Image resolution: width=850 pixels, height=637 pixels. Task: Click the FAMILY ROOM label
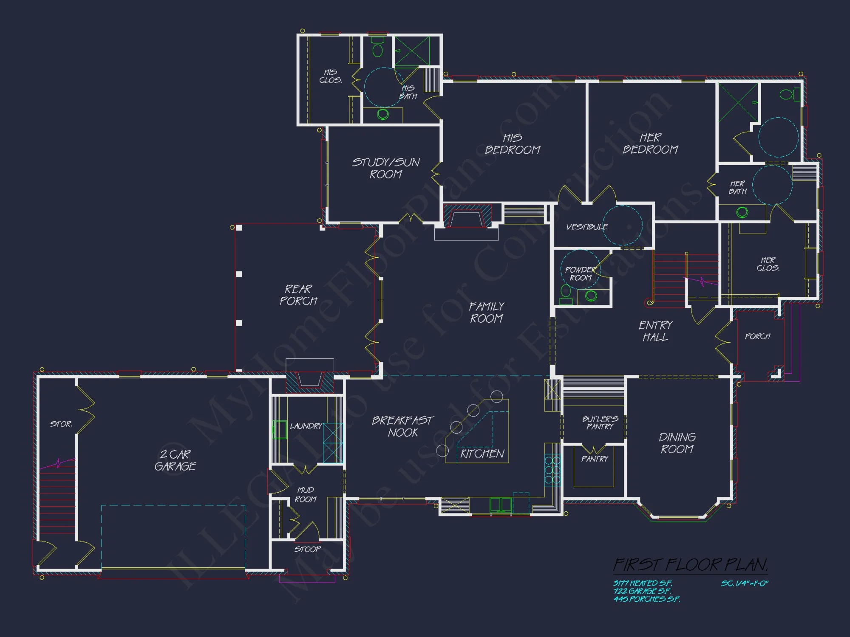pyautogui.click(x=487, y=313)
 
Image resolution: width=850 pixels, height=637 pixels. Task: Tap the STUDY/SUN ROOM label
pyautogui.click(x=386, y=168)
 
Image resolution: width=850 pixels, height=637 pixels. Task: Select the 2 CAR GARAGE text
pyautogui.click(x=175, y=460)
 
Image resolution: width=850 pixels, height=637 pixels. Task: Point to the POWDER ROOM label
pyautogui.click(x=581, y=273)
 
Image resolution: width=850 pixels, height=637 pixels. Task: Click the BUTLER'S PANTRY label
pyautogui.click(x=600, y=423)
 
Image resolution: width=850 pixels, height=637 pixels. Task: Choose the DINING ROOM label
pyautogui.click(x=677, y=443)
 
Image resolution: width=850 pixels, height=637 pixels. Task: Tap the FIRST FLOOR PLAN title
pyautogui.click(x=690, y=565)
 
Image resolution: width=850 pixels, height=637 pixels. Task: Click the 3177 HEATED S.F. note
pyautogui.click(x=642, y=583)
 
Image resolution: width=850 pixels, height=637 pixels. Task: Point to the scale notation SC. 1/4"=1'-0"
pyautogui.click(x=744, y=583)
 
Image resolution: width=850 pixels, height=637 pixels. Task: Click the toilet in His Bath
pyautogui.click(x=377, y=47)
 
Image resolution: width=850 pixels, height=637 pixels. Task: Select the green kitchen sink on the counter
pyautogui.click(x=501, y=505)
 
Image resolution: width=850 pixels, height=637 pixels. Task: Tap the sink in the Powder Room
pyautogui.click(x=591, y=296)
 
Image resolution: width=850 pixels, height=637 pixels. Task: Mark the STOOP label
pyautogui.click(x=307, y=549)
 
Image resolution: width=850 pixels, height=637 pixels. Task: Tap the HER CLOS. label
pyautogui.click(x=768, y=264)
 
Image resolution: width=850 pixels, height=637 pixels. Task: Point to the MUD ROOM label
pyautogui.click(x=306, y=495)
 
